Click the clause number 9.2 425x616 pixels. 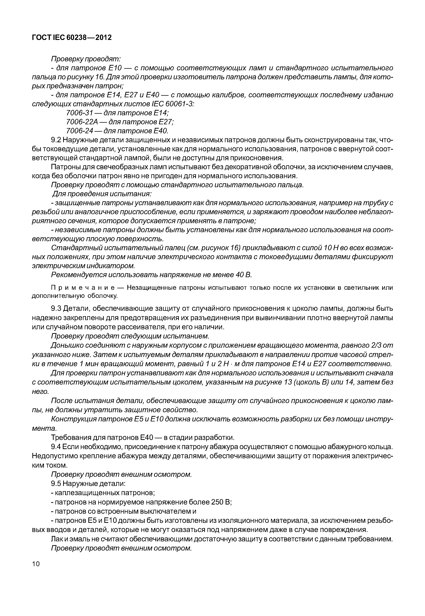point(56,140)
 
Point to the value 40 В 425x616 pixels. point(243,274)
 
